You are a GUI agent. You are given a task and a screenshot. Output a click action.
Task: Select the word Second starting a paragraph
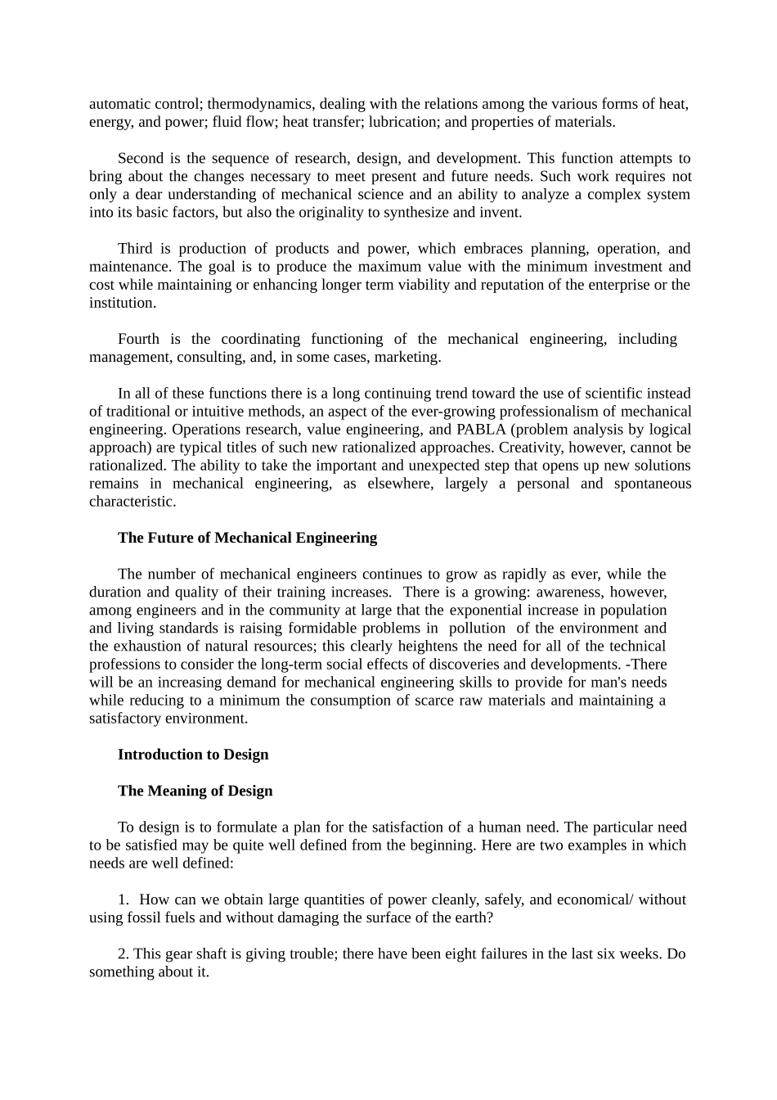[x=141, y=158]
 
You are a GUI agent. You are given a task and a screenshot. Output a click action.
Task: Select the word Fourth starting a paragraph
[x=139, y=339]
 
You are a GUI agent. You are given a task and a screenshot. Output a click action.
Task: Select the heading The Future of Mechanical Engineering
[x=247, y=538]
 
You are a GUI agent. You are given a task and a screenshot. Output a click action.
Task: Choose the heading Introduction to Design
[x=193, y=755]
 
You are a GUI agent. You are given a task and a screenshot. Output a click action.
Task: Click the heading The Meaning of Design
[x=195, y=791]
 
